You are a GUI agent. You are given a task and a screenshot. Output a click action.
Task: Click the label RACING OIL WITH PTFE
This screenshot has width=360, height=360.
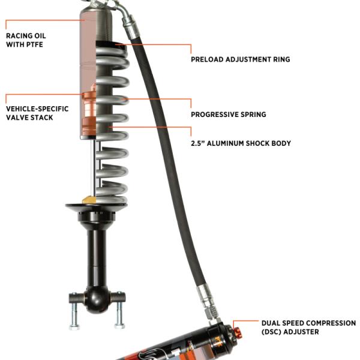[x=26, y=40]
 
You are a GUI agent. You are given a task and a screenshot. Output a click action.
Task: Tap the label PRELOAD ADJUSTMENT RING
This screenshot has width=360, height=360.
[x=241, y=59]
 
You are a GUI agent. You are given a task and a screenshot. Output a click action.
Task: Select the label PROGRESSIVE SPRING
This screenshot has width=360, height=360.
[x=229, y=115]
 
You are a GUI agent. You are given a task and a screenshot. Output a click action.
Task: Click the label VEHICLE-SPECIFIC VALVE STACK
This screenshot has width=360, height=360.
[x=37, y=113]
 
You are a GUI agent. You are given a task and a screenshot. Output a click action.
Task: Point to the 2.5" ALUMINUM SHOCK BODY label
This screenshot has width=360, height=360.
[x=241, y=143]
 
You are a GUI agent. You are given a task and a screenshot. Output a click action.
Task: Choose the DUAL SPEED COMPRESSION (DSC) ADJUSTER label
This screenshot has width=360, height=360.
[x=308, y=328]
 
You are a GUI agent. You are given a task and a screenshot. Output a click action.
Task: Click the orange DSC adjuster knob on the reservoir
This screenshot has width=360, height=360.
[x=238, y=332]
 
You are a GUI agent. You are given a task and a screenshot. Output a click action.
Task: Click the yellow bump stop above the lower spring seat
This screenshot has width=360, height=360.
[x=89, y=200]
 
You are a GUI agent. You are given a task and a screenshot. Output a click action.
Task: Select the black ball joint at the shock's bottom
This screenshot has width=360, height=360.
[x=97, y=299]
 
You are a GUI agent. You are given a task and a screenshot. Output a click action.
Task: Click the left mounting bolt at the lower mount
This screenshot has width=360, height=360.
[x=74, y=311]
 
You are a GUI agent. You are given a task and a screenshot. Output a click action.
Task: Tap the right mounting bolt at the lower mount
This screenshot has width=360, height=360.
[x=119, y=310]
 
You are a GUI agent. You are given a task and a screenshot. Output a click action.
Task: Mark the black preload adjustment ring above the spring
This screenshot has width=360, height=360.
[x=110, y=44]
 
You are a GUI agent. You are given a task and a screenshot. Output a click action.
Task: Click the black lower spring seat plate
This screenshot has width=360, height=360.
[x=96, y=206]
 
